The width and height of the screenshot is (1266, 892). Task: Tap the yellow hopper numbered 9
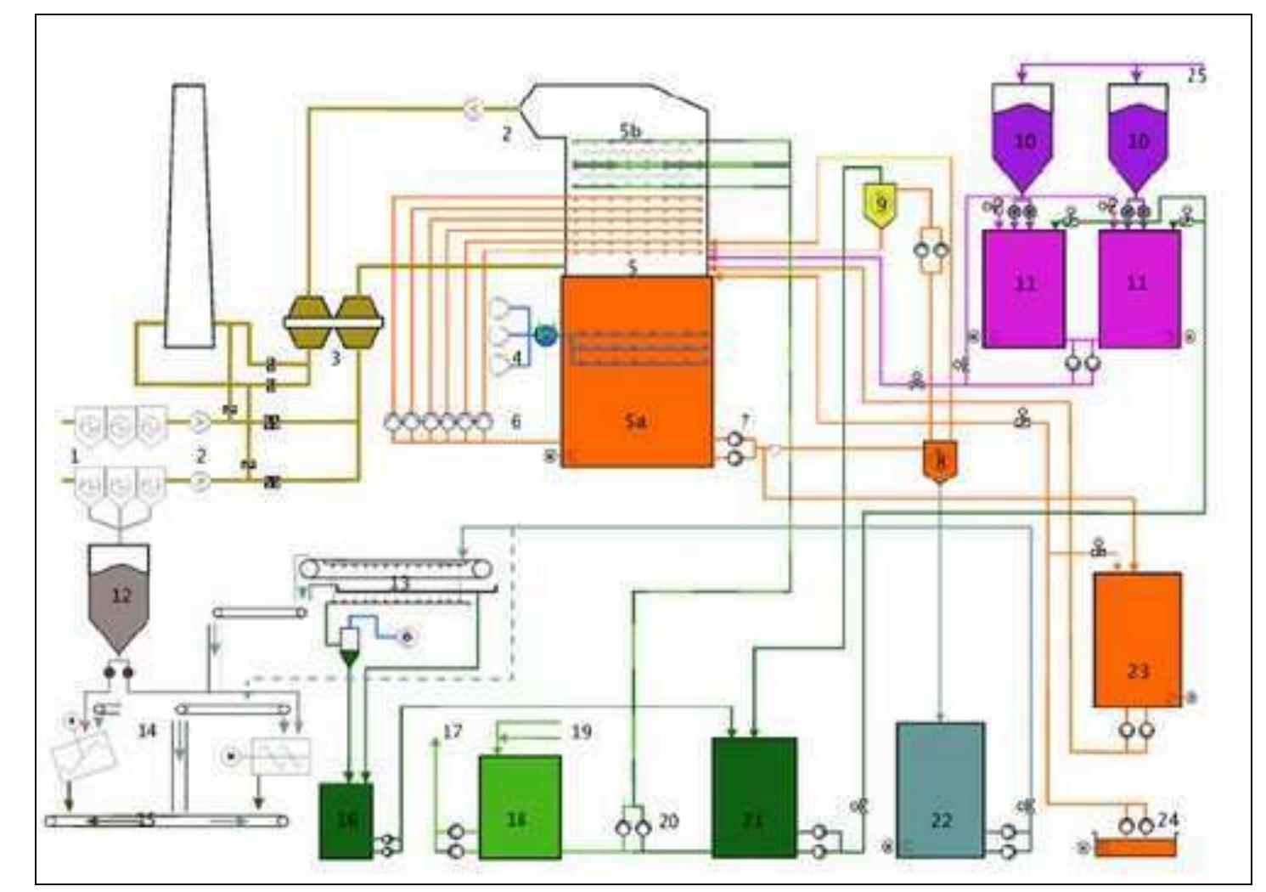[881, 205]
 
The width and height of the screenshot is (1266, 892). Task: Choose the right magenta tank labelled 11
[1139, 287]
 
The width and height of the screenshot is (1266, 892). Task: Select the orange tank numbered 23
[1137, 640]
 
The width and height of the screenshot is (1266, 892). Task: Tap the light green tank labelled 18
[519, 806]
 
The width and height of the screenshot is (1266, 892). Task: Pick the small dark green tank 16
[346, 820]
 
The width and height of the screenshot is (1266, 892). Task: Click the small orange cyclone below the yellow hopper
[940, 460]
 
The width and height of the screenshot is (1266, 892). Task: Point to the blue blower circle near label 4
[545, 336]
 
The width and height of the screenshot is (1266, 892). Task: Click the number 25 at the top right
[1196, 75]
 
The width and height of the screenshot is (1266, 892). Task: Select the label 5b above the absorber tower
[630, 131]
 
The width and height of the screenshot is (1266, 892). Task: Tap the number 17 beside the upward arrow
[453, 731]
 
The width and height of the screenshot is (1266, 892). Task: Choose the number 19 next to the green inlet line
[581, 731]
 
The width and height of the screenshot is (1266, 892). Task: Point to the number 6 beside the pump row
[515, 421]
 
